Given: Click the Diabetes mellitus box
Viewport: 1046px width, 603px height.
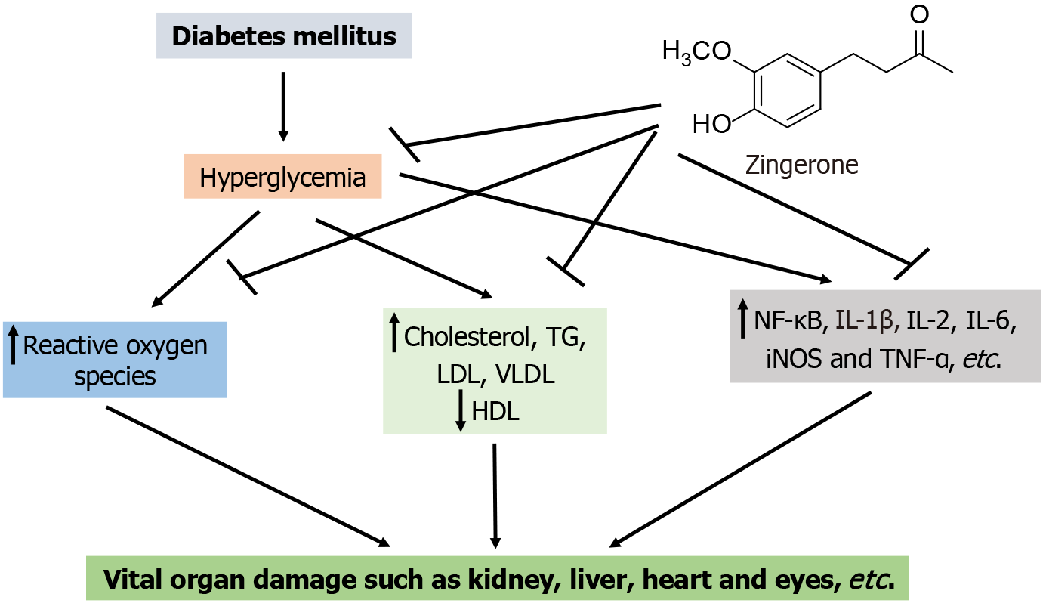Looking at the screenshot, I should [284, 36].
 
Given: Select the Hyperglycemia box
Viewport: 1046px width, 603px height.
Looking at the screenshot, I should [282, 178].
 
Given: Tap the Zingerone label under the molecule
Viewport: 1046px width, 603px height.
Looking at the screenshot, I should [801, 164].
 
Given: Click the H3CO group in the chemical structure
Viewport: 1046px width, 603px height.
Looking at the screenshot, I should [696, 52].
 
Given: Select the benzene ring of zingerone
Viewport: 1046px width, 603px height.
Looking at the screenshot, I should [786, 91].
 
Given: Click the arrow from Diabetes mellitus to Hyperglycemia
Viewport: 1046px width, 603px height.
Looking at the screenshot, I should [283, 106].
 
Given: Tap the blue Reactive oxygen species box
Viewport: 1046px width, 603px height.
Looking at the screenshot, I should [115, 360].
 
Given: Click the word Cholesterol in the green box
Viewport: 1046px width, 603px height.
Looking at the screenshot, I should [467, 337].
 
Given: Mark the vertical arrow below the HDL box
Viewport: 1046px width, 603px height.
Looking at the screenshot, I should [495, 495].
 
